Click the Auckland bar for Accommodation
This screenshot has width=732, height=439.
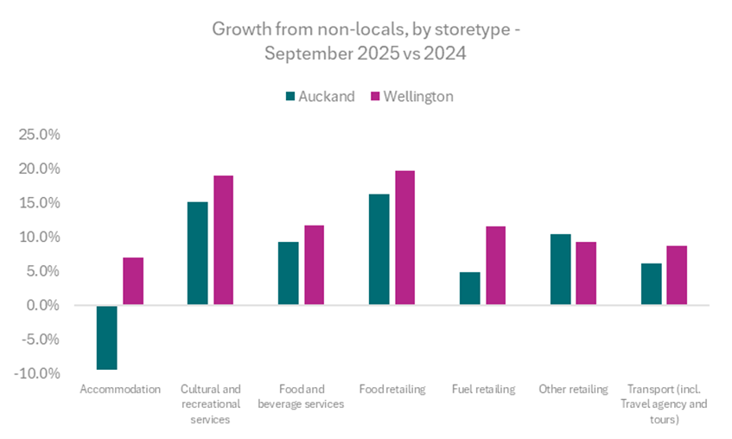106,337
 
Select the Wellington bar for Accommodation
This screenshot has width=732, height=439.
132,281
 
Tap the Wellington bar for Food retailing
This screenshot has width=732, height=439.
404,238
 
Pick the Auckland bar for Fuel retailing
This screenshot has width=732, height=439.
469,289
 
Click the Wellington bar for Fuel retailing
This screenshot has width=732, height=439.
495,265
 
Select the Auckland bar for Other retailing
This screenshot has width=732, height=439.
560,270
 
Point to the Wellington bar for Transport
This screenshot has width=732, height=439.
677,275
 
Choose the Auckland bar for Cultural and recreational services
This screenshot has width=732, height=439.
197,253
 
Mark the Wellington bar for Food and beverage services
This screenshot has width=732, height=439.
314,264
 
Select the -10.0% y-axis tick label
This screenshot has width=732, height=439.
38,373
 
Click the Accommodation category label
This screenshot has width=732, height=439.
120,389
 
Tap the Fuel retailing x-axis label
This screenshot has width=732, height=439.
483,389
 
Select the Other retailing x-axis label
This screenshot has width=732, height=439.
573,389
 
